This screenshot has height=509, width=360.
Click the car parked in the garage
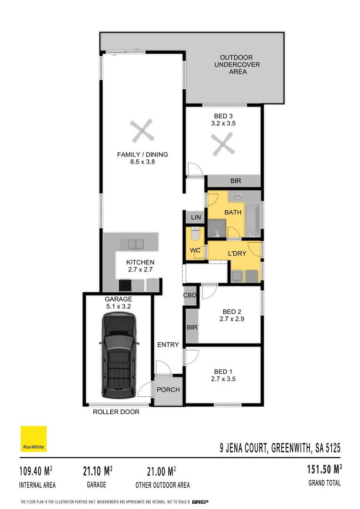[119, 356]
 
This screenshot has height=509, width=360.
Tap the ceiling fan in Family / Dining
[141, 131]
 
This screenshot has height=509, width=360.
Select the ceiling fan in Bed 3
[223, 144]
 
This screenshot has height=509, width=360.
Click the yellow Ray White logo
[33, 439]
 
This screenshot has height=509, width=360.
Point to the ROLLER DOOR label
[116, 412]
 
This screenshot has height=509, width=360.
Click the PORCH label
[168, 390]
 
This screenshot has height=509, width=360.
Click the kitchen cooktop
[126, 285]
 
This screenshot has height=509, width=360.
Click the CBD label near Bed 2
[189, 296]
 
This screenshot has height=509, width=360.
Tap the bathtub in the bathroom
[253, 220]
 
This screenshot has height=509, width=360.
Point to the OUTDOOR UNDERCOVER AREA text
[237, 65]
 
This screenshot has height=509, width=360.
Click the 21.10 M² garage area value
[97, 470]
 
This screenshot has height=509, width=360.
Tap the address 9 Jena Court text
[280, 447]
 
